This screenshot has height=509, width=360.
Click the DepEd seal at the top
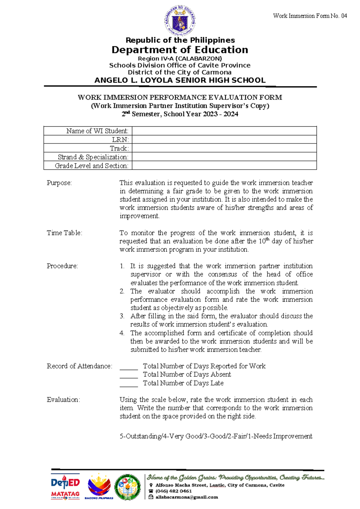pyautogui.click(x=180, y=21)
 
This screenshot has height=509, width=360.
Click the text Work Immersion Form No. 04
pyautogui.click(x=310, y=16)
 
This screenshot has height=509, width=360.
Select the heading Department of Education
pyautogui.click(x=180, y=50)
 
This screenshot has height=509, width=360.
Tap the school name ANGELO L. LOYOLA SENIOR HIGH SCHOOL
pyautogui.click(x=180, y=80)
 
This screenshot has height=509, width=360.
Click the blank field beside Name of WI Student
pyautogui.click(x=224, y=131)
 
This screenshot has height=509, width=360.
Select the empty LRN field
pyautogui.click(x=224, y=140)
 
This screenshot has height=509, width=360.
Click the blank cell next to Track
pyautogui.click(x=224, y=148)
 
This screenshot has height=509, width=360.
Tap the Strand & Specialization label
pyautogui.click(x=93, y=157)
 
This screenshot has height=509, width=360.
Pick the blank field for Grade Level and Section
pyautogui.click(x=224, y=166)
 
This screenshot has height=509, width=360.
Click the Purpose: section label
pyautogui.click(x=59, y=183)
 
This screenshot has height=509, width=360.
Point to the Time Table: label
pyautogui.click(x=64, y=233)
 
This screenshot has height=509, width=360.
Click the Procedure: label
pyautogui.click(x=62, y=266)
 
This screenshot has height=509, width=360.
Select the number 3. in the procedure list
pyautogui.click(x=122, y=316)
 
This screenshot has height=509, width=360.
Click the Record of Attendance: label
pyautogui.click(x=79, y=366)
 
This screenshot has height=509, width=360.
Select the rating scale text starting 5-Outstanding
pyautogui.click(x=216, y=436)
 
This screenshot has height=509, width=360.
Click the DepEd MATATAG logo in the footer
pyautogui.click(x=65, y=487)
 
